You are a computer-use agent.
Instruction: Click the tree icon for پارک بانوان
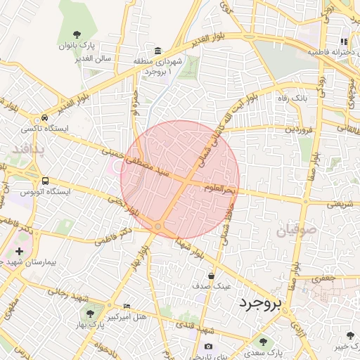tap(77, 34)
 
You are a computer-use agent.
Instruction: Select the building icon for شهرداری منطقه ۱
tap(157, 51)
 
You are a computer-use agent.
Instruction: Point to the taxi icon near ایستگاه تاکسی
tap(45, 118)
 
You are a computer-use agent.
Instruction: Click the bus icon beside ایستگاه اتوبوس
tap(46, 181)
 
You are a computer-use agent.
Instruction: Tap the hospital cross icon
tap(19, 250)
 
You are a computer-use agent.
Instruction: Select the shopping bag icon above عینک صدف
tap(211, 275)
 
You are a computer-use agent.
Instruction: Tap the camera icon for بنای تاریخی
tap(209, 347)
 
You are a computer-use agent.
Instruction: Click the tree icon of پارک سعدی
tap(263, 342)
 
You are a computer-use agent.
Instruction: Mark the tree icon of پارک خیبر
tap(351, 335)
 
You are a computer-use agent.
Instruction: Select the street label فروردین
tap(298, 129)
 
